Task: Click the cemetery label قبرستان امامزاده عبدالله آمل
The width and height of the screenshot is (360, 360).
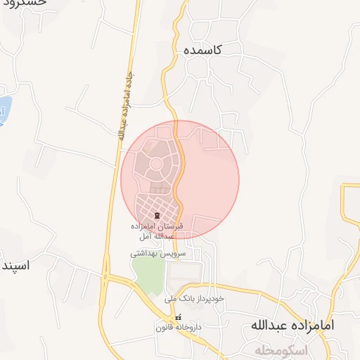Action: click(x=158, y=231)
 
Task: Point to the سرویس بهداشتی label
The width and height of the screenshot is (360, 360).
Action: click(x=157, y=252)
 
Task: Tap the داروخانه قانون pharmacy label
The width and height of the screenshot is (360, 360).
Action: click(x=179, y=328)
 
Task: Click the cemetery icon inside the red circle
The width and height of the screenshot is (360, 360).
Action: click(x=158, y=214)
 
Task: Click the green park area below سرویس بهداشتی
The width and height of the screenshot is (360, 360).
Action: click(x=148, y=276)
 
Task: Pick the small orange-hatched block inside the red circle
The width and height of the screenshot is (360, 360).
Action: click(x=161, y=188)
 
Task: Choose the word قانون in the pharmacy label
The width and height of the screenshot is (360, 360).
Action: click(x=167, y=328)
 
